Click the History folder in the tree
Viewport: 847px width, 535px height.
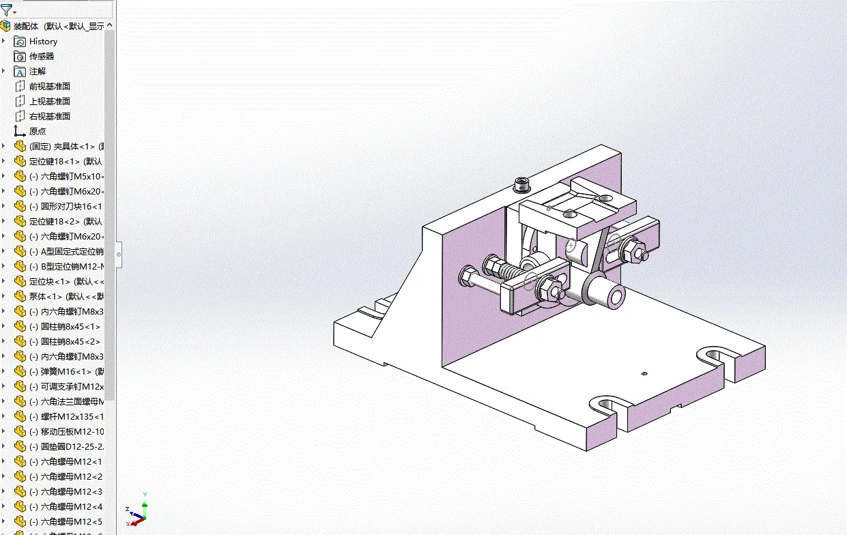[43, 42]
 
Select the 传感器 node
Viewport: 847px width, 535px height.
[41, 57]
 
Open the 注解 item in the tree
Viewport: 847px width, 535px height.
[37, 72]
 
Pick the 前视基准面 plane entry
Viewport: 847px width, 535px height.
[49, 87]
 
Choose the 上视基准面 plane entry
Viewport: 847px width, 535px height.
[49, 102]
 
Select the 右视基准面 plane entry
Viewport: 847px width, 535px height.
[49, 117]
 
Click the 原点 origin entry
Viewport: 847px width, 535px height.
[37, 132]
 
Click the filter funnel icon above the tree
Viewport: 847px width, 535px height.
[7, 10]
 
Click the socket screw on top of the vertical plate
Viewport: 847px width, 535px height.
[523, 184]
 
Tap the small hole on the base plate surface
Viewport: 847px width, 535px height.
[644, 373]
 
